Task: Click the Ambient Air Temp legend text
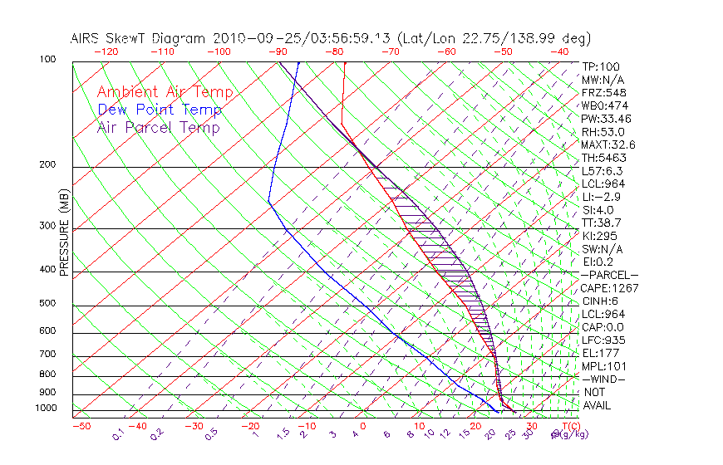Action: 165,92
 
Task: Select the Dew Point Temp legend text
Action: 160,110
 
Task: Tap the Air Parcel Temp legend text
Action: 158,127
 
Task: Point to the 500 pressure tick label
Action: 48,304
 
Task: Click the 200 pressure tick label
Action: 48,165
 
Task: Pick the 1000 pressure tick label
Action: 46,409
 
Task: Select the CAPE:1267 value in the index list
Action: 609,288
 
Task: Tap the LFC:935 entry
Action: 603,340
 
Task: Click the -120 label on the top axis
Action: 106,51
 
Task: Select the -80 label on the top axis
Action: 335,51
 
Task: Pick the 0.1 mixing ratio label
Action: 118,434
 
